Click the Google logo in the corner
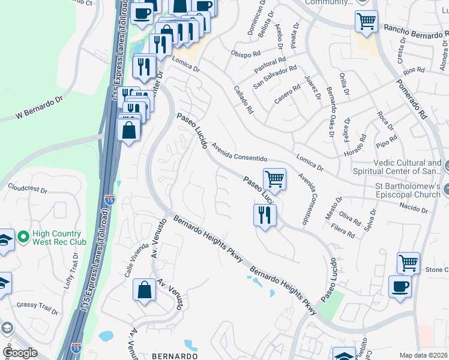click(x=20, y=353)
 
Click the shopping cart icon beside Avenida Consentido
click(x=274, y=178)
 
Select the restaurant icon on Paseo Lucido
click(x=265, y=214)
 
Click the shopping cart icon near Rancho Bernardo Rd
click(x=366, y=22)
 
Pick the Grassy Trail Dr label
click(x=37, y=308)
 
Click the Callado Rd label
click(x=243, y=100)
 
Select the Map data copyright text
click(x=423, y=355)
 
